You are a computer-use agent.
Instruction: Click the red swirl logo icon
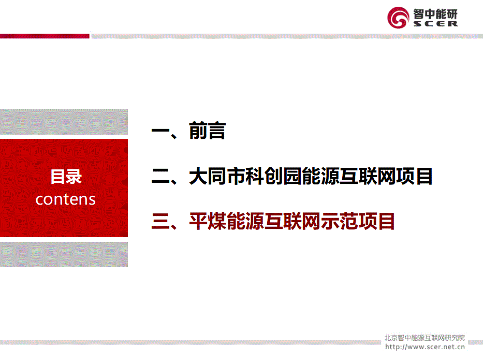click(398, 18)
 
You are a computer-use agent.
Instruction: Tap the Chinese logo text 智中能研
click(435, 14)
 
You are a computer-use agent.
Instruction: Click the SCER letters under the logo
click(435, 24)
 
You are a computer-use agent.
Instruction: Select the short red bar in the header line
click(45, 36)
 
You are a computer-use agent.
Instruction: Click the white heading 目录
click(66, 177)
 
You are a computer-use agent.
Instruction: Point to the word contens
click(66, 199)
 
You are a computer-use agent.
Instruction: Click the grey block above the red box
click(64, 121)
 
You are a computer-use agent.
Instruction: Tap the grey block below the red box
click(64, 254)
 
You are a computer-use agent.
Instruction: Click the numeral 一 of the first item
click(160, 131)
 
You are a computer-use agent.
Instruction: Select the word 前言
click(207, 131)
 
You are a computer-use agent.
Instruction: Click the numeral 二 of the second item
click(160, 177)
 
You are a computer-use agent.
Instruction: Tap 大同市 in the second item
click(217, 176)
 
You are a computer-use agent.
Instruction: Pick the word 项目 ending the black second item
click(414, 176)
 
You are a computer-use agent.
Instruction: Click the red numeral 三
click(160, 222)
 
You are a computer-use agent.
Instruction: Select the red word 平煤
click(208, 221)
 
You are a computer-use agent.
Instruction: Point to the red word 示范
click(339, 221)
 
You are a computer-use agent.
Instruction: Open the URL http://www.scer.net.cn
click(425, 347)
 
